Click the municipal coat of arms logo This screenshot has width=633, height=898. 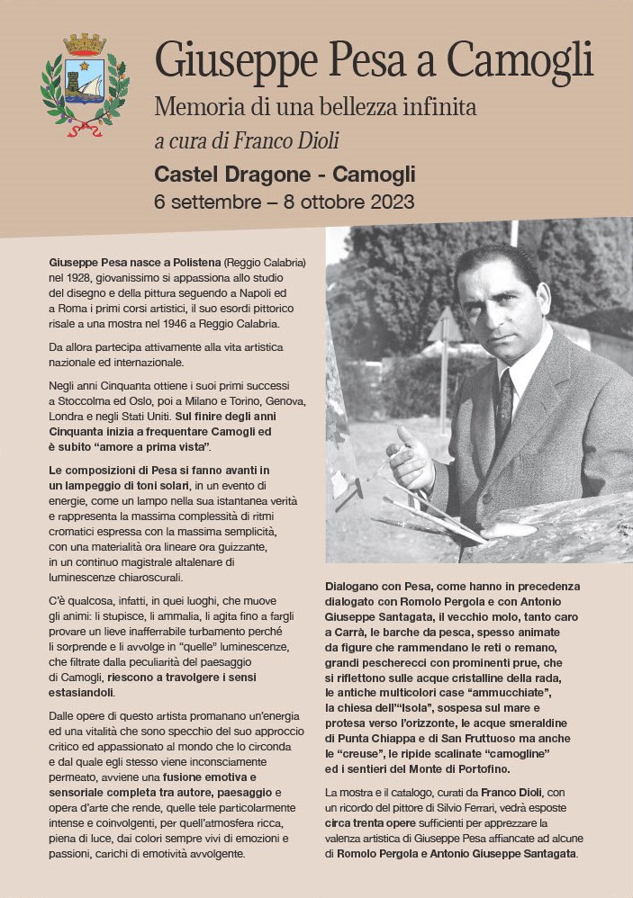[85, 85]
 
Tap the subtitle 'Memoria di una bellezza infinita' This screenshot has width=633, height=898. [315, 107]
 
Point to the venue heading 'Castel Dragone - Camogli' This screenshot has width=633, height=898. [285, 173]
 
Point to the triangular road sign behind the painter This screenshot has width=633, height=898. [445, 326]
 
